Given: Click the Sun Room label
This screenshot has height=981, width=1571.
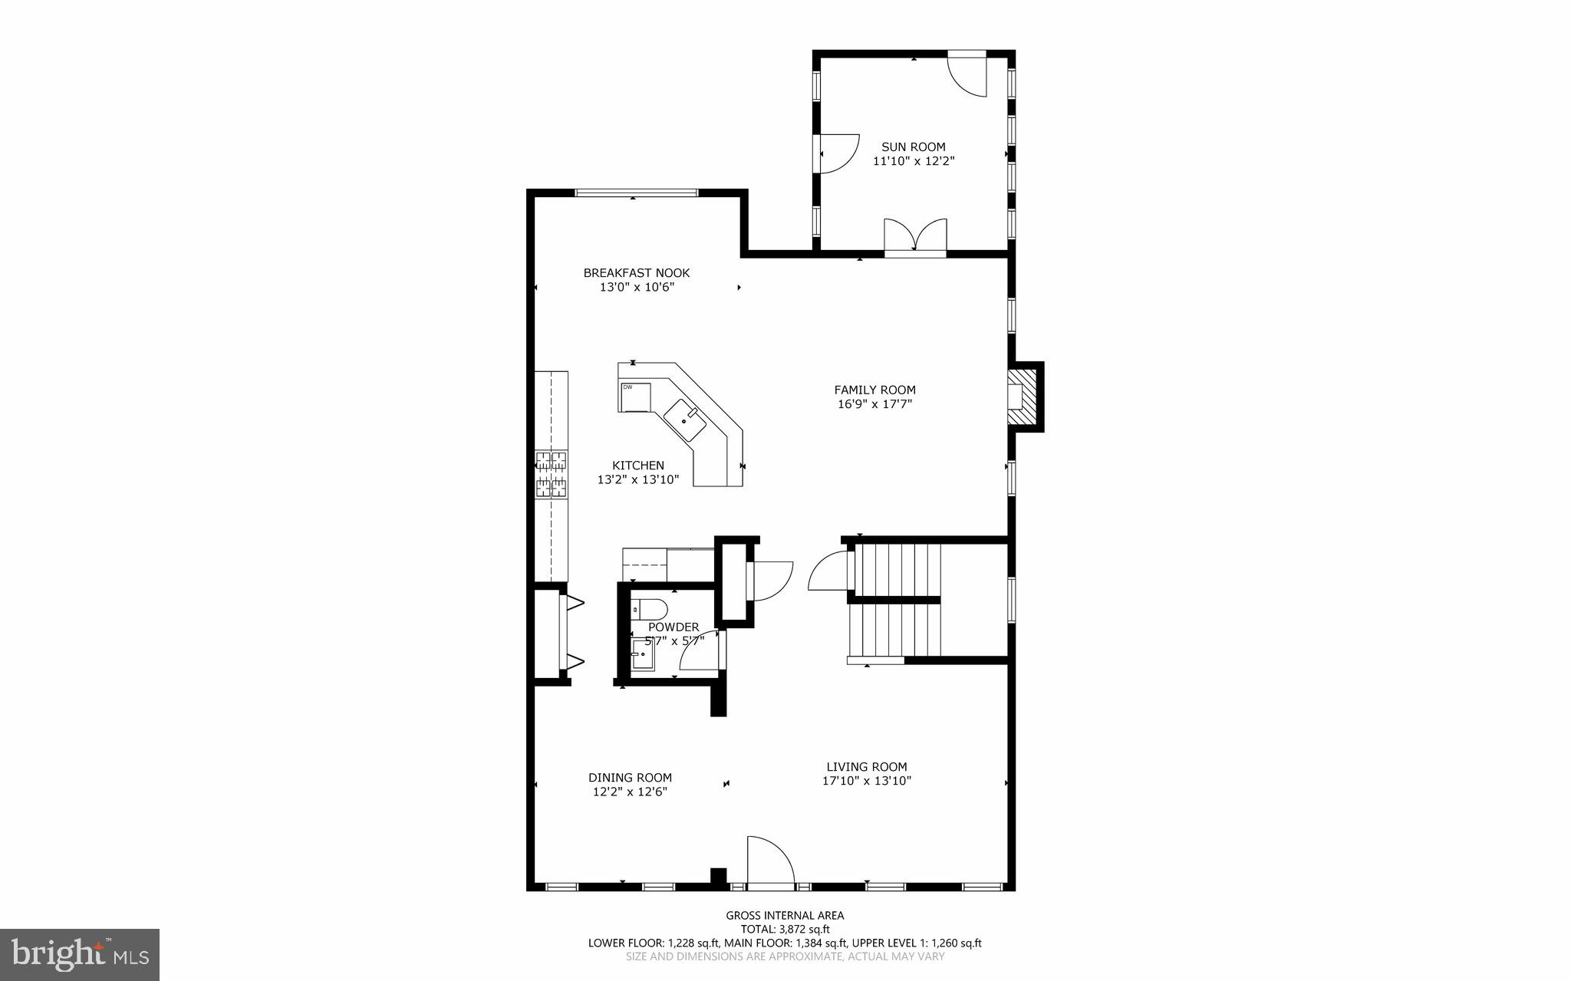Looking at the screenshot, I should click(x=913, y=146).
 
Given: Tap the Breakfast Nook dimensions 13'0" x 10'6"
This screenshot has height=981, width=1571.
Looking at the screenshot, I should click(x=636, y=288).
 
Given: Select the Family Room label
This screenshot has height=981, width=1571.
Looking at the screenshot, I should click(x=874, y=390).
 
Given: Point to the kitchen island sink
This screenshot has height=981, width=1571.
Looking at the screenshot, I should click(x=684, y=420).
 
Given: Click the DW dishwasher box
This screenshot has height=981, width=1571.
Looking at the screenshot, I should click(x=634, y=397).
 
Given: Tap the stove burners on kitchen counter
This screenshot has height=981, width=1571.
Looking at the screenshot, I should click(x=552, y=472).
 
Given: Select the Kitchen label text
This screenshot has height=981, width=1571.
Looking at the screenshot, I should click(x=637, y=465).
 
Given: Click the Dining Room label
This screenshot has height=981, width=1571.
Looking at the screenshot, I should click(x=630, y=777).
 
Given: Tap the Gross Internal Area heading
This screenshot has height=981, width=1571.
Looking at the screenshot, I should click(x=785, y=915).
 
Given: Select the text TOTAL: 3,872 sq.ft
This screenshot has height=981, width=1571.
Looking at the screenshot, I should click(x=785, y=929).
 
